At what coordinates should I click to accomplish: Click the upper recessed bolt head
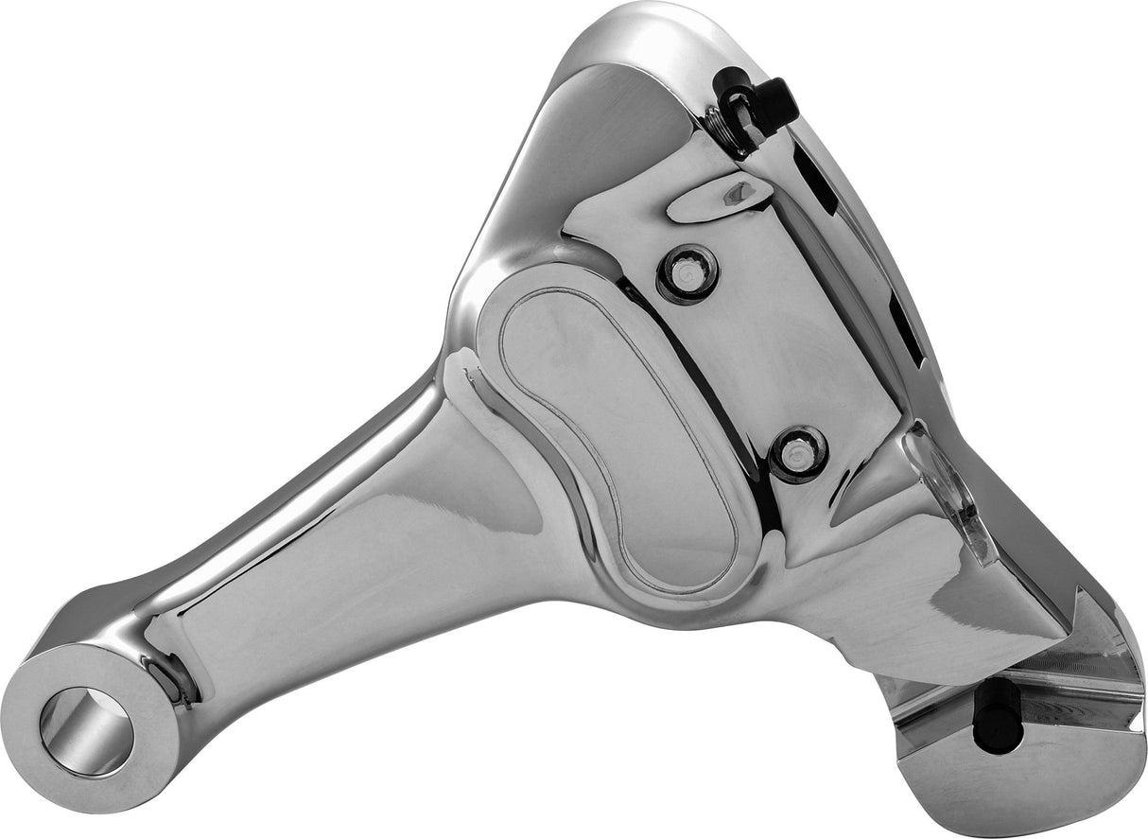click(687, 273)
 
